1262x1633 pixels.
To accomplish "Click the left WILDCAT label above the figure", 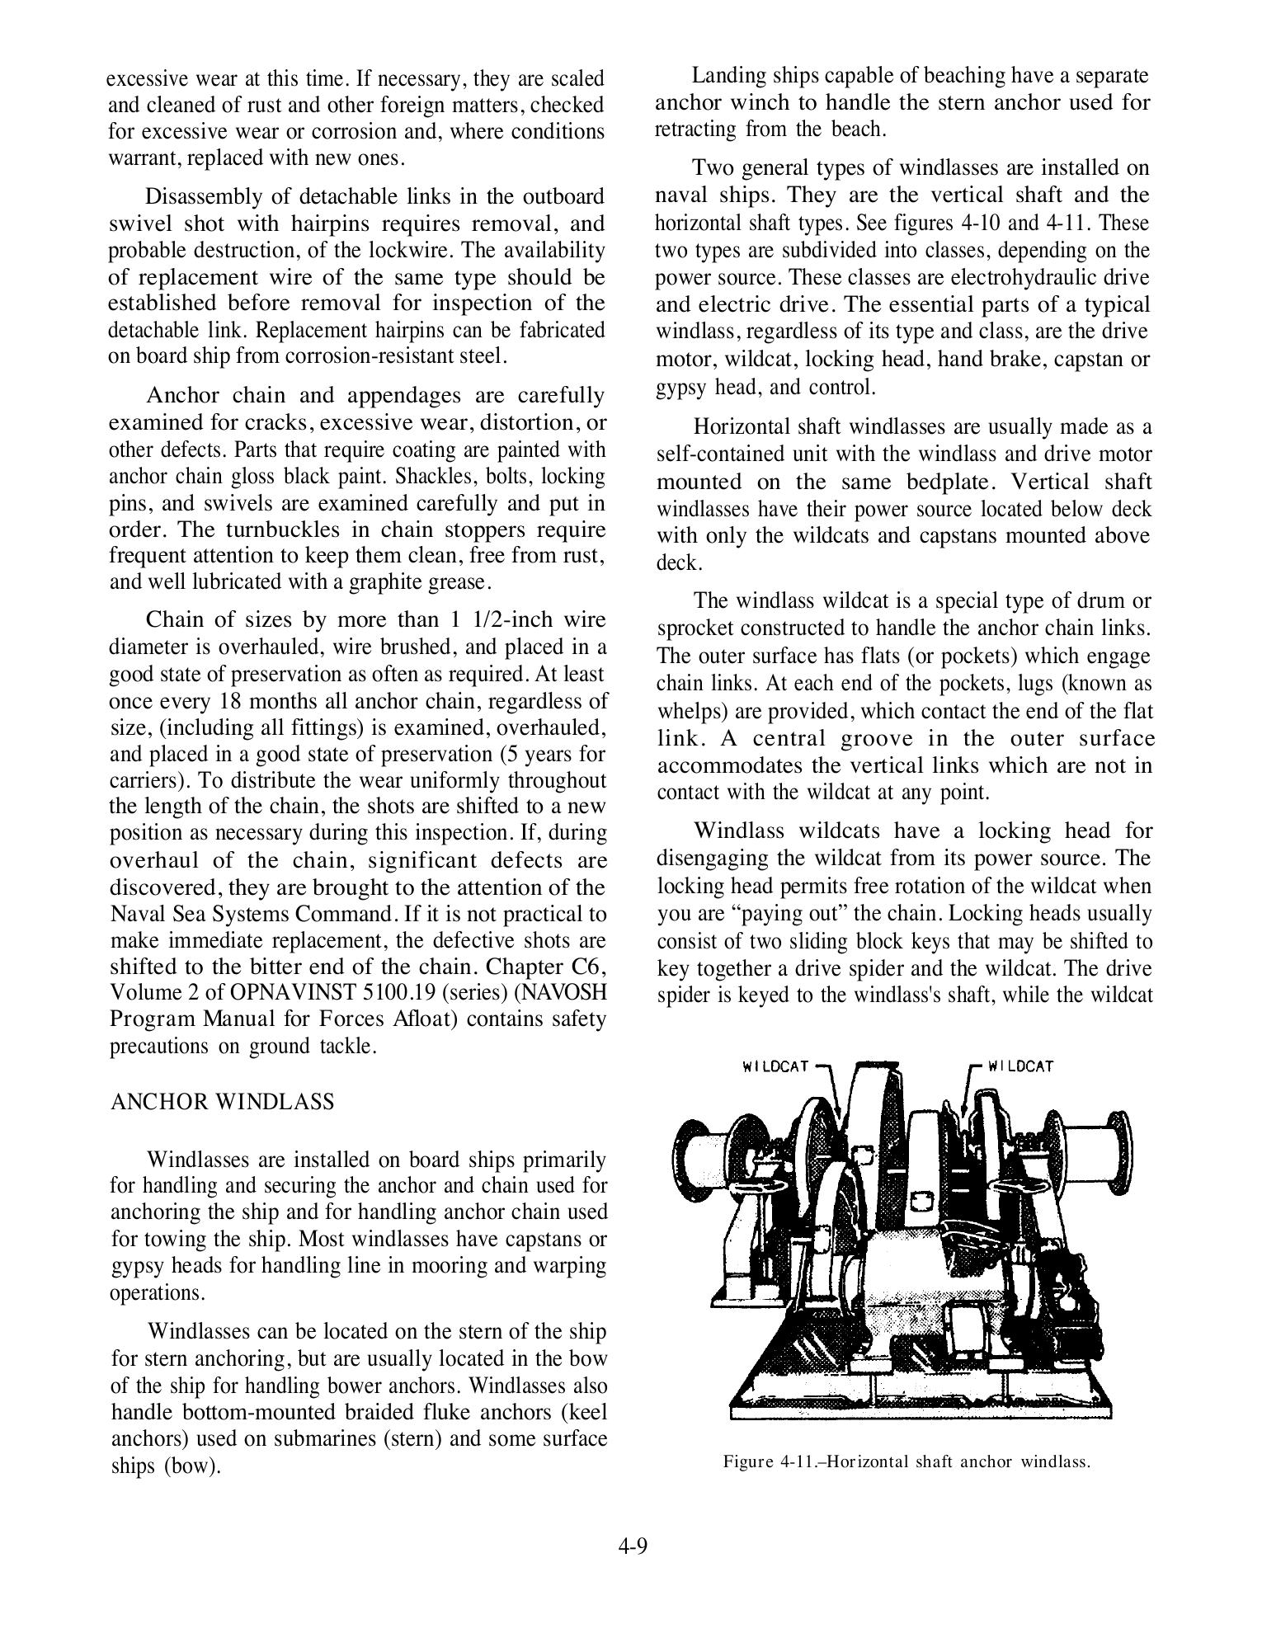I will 775,1066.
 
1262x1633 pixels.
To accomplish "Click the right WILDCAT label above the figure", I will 1020,1066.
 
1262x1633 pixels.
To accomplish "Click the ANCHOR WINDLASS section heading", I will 222,1102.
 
